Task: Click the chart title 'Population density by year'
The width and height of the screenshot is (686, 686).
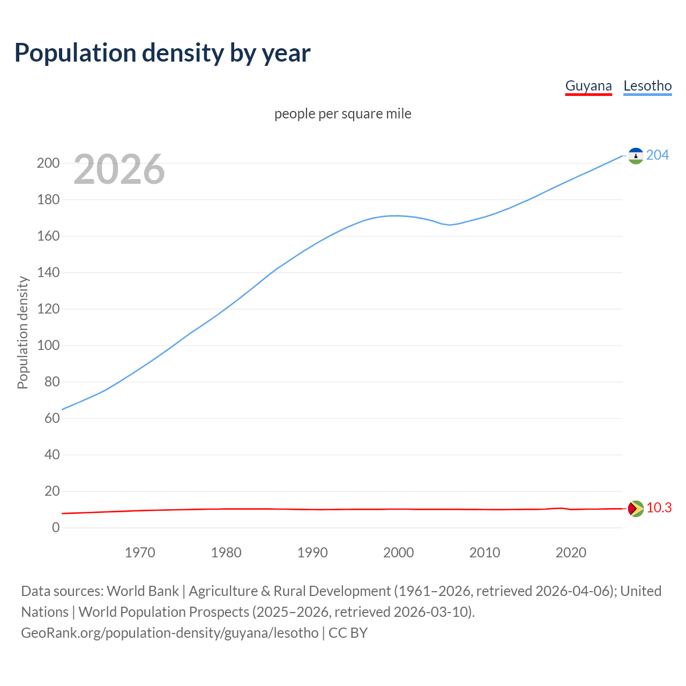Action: [162, 53]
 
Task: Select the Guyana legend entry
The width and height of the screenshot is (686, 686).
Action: [588, 86]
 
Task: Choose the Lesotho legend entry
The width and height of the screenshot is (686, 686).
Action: [647, 86]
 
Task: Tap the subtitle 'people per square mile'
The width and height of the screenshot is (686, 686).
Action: [343, 114]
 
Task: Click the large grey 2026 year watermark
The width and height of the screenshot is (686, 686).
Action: [119, 169]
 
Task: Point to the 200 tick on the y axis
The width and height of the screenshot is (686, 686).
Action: [48, 163]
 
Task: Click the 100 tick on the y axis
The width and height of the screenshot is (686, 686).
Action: [48, 345]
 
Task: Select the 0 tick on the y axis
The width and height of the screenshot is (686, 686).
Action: [56, 527]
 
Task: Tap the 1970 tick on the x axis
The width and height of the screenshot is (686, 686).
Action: [140, 553]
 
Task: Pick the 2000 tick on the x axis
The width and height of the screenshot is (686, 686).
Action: [398, 553]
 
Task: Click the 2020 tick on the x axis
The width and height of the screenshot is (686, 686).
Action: [571, 553]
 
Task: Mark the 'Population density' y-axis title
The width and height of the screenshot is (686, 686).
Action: [23, 332]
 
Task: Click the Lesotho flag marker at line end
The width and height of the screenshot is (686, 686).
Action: [636, 156]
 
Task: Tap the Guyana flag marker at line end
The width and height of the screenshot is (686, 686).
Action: [636, 509]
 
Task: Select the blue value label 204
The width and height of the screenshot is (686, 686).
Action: [658, 155]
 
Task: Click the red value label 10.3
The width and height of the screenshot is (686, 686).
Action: [659, 508]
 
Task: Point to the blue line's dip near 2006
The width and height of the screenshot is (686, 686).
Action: [450, 225]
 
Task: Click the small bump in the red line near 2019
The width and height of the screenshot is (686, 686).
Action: [561, 508]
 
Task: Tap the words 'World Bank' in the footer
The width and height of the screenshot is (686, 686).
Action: [143, 591]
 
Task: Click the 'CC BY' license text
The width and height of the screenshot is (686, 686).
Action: [348, 632]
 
